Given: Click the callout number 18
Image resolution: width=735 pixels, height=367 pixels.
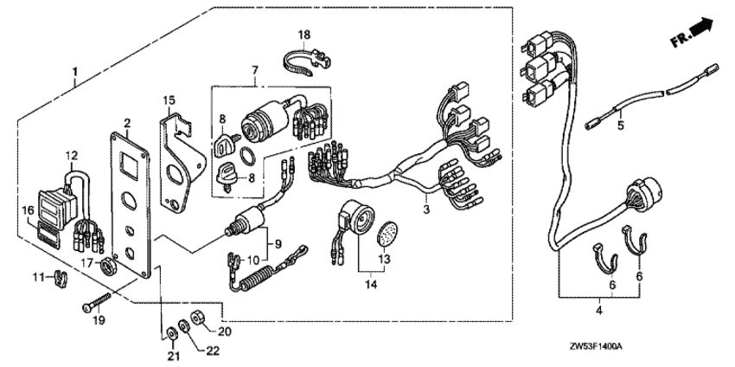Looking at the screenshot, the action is tap(304, 35).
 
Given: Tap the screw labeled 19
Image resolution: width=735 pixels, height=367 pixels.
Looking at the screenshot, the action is tap(97, 302).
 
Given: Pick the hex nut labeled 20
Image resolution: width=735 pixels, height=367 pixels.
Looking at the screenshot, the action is tap(196, 319).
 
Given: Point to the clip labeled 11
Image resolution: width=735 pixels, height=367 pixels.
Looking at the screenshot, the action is tap(60, 279).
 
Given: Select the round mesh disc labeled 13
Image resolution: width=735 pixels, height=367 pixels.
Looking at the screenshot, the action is tap(387, 233).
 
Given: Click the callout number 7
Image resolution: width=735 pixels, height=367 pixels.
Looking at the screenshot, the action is tap(255, 71).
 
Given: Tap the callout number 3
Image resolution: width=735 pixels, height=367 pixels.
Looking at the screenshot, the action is tap(426, 209).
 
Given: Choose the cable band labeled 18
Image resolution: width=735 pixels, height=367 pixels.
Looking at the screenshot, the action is tap(308, 61).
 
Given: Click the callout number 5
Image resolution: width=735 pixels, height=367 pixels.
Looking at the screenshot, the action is tap(621, 126).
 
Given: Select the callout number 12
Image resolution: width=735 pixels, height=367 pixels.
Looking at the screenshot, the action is tap(71, 155).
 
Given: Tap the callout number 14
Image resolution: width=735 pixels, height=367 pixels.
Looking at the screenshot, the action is tap(371, 284).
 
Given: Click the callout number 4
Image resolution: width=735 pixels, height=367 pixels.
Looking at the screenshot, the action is tap(599, 310).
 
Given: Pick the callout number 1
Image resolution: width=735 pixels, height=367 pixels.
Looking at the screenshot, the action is tap(74, 73).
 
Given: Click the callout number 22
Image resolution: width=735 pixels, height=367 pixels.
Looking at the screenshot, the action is tap(213, 351).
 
